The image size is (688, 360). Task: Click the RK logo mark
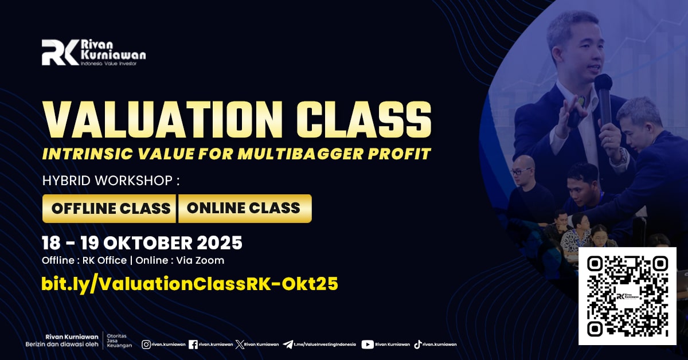(60, 52)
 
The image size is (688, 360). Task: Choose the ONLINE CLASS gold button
(245, 208)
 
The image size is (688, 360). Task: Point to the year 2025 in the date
(220, 243)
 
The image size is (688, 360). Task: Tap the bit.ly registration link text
(190, 284)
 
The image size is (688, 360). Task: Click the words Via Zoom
(200, 260)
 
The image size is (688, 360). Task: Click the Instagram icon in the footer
(146, 345)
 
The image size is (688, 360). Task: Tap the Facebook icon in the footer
(193, 345)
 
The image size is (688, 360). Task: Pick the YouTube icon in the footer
(368, 345)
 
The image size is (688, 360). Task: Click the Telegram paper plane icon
(288, 345)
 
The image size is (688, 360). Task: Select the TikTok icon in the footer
(418, 345)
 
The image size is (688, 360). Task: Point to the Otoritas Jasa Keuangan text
(119, 341)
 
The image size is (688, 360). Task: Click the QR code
(628, 296)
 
